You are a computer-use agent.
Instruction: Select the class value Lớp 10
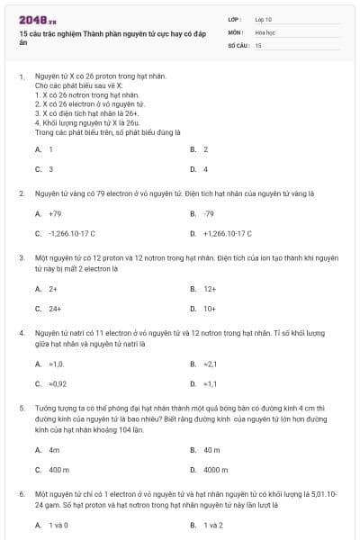click(263, 18)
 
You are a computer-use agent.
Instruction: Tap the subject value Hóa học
click(265, 31)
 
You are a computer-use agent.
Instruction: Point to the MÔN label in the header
click(235, 31)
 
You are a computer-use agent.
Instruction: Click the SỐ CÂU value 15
click(258, 44)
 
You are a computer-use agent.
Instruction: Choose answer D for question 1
click(205, 168)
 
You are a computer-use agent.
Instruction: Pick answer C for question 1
click(50, 168)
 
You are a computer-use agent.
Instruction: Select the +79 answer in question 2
click(55, 213)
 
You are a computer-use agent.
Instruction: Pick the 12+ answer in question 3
click(210, 289)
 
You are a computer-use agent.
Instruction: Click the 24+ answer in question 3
click(55, 309)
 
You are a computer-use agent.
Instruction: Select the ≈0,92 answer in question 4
click(58, 383)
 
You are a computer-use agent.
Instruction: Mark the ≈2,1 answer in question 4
click(211, 364)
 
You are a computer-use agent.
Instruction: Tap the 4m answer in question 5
click(54, 448)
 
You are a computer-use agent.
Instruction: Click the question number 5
click(22, 407)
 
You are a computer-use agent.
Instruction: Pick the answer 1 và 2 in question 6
click(212, 525)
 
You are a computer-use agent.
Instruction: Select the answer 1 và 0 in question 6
click(58, 525)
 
